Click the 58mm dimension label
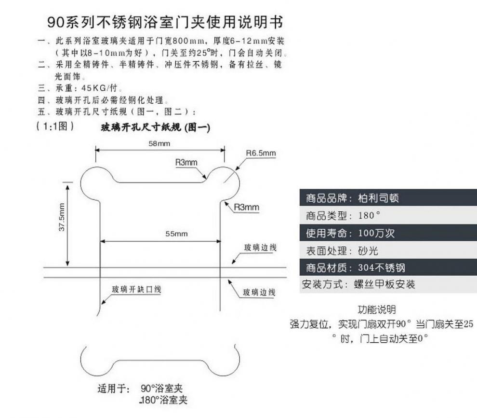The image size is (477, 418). (159, 143)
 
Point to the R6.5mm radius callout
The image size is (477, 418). (261, 153)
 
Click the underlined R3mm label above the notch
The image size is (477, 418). (186, 163)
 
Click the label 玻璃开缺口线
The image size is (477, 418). (136, 290)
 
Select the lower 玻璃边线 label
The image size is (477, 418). (259, 292)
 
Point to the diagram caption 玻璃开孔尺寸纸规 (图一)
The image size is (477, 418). (155, 128)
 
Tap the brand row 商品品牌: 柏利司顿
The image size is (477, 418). (352, 198)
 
